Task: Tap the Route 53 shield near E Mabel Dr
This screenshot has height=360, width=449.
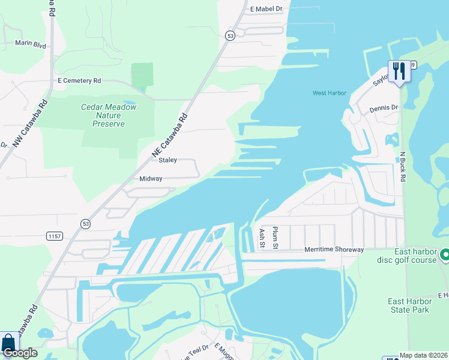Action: point(230,36)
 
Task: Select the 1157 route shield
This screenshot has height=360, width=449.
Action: point(54,236)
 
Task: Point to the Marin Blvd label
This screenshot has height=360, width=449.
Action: point(31,44)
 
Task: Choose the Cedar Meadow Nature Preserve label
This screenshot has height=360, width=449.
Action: point(109,115)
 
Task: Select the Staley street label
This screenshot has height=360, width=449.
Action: point(167,160)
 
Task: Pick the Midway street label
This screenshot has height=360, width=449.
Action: point(151,179)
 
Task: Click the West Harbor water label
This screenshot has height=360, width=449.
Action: point(330,93)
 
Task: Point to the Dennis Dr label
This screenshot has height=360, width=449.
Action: point(384,108)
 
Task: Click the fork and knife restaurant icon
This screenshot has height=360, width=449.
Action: point(398,72)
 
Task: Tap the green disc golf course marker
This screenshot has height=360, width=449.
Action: point(445,255)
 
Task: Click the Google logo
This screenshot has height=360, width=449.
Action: point(19,353)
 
